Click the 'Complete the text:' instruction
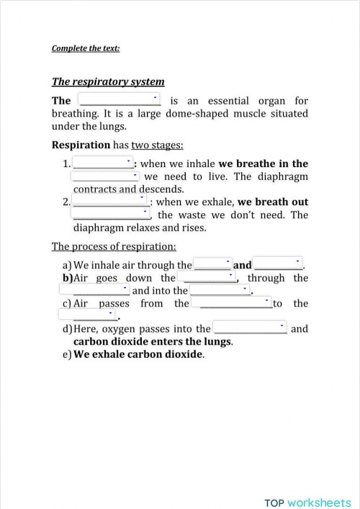click(x=85, y=49)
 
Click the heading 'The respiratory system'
click(x=108, y=81)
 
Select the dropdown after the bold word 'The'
click(x=118, y=99)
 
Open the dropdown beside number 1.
click(x=104, y=163)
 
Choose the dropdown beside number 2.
click(x=111, y=201)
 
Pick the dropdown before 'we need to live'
click(x=105, y=176)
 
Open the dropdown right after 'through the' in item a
click(x=213, y=264)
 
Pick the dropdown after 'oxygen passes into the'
click(x=251, y=328)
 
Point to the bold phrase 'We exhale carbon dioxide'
click(x=138, y=354)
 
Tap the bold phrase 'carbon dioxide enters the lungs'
click(x=153, y=341)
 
